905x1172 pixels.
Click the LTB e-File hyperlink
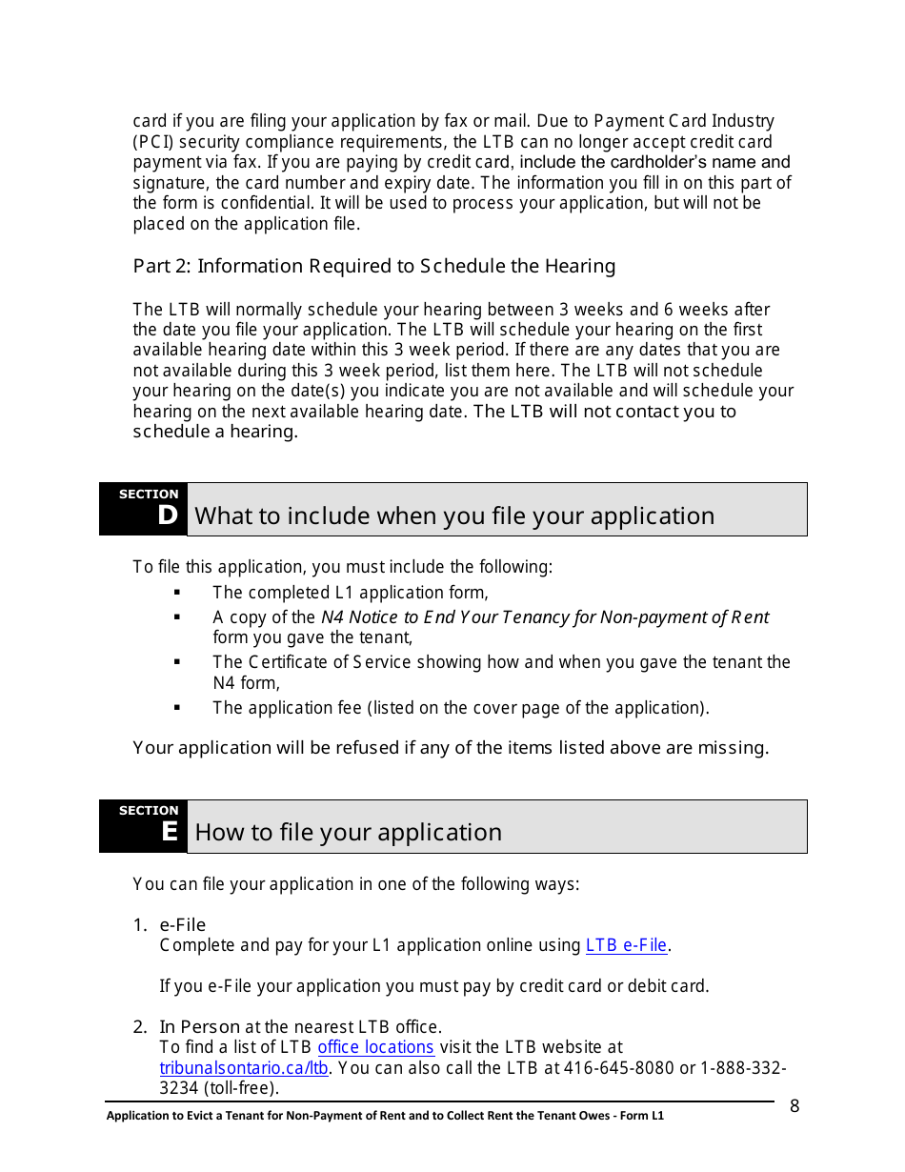[x=626, y=945]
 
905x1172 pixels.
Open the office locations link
[x=375, y=1047]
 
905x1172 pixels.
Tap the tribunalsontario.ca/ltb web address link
[x=244, y=1068]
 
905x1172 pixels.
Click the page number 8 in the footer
[x=794, y=1106]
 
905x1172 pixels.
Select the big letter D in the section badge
[x=168, y=516]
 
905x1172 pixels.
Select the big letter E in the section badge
[x=170, y=833]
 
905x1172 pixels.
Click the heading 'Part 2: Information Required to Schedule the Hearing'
[x=373, y=267]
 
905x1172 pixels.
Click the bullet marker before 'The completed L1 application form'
[x=177, y=593]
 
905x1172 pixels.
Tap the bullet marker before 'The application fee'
[x=177, y=708]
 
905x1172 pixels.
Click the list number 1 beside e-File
[x=139, y=925]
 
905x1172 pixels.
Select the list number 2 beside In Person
[x=139, y=1027]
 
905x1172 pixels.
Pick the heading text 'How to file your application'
[x=348, y=833]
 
